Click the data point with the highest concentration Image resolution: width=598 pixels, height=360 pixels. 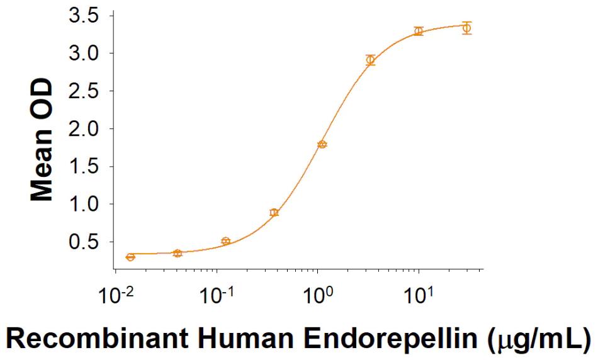(466, 28)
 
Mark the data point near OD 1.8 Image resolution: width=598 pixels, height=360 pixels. (322, 144)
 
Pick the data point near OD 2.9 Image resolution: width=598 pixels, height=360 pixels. (371, 60)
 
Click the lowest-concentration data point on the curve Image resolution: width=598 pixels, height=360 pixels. (130, 257)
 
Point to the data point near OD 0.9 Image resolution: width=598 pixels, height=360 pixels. (274, 213)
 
